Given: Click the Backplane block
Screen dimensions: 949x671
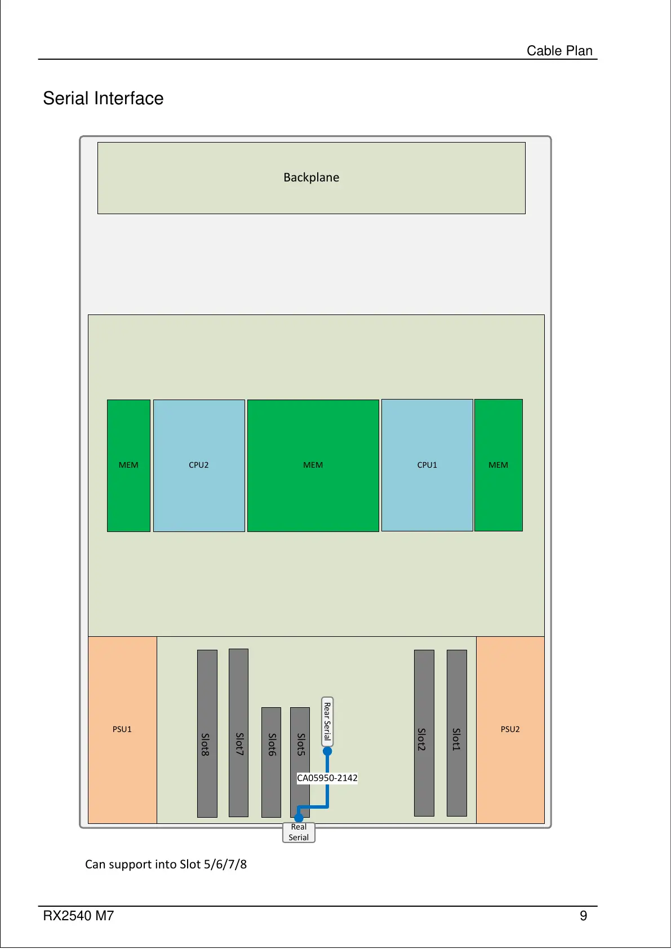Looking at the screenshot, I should (x=311, y=178).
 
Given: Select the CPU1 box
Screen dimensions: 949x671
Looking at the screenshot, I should (x=427, y=465).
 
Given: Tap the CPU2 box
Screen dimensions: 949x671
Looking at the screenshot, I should (x=199, y=465).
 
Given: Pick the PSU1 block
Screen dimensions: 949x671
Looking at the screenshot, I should (x=122, y=729).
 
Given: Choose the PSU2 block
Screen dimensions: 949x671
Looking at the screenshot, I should (x=510, y=729).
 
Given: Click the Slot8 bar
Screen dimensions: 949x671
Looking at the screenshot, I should (x=207, y=733).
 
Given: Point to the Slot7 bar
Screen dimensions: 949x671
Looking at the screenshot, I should (x=238, y=733).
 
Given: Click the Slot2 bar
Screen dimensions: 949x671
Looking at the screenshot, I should (x=424, y=733).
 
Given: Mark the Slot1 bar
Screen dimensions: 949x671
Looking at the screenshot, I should (x=456, y=733).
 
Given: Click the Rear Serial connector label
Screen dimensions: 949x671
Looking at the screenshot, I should (x=327, y=721).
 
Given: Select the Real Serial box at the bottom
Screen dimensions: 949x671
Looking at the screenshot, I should (x=299, y=832).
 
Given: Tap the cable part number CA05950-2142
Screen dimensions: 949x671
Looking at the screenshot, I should (x=327, y=778).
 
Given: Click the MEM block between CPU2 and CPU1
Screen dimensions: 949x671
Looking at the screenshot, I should (x=313, y=465).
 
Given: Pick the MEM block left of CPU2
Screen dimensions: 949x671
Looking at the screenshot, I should (x=128, y=465).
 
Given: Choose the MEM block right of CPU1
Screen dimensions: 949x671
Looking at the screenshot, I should (x=499, y=465).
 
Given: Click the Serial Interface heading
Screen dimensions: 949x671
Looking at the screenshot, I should (x=103, y=99).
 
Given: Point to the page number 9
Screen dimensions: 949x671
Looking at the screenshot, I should (x=584, y=916).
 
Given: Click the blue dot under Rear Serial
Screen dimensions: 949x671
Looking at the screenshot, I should (x=327, y=751).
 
